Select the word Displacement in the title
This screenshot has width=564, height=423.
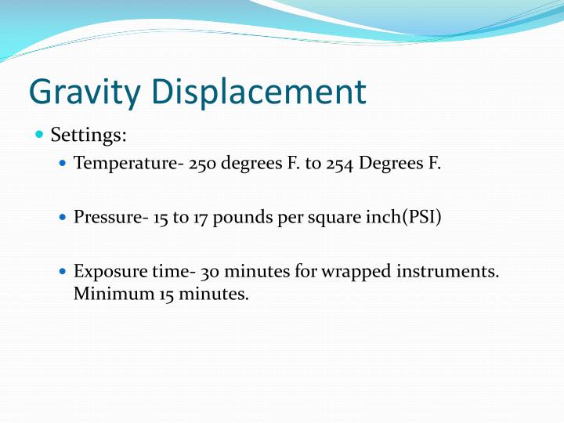click(x=259, y=92)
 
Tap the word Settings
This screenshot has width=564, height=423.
click(x=89, y=135)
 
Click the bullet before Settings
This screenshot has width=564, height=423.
click(x=40, y=135)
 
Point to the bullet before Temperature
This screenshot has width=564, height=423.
click(x=63, y=165)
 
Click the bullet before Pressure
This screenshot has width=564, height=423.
click(x=63, y=217)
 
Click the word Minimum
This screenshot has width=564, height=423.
click(x=108, y=295)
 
